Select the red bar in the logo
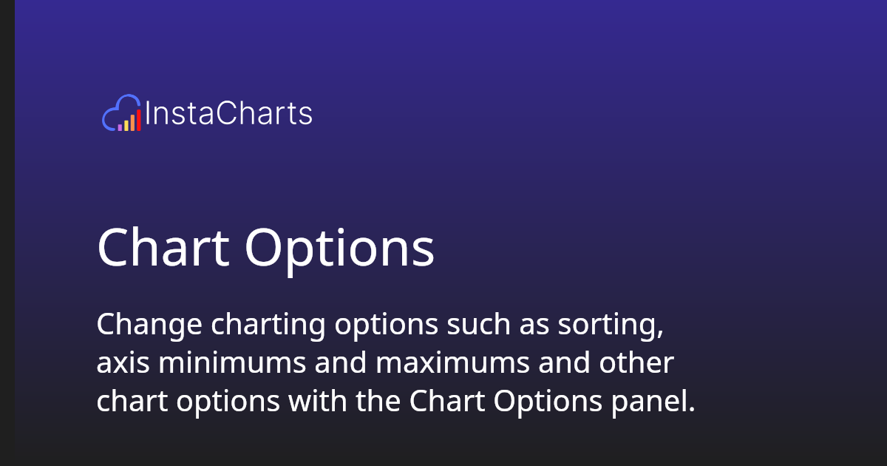click(138, 120)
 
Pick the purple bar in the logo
click(120, 127)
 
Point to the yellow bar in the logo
click(126, 125)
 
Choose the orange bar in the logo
click(132, 122)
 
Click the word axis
click(120, 363)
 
